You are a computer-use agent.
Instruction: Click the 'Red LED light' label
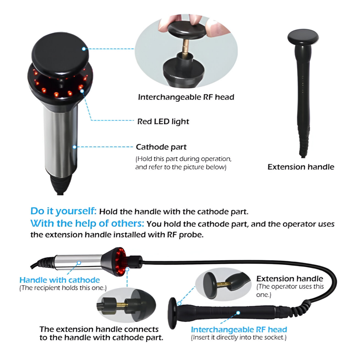tap(163, 121)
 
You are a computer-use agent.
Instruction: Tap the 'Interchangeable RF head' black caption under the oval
tap(186, 97)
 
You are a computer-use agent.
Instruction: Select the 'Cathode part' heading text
tap(161, 147)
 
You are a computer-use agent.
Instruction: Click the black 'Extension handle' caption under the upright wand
tap(301, 167)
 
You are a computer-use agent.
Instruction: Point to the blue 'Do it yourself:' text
tap(63, 211)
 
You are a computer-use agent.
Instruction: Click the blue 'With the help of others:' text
tap(87, 223)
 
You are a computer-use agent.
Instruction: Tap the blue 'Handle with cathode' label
tap(60, 280)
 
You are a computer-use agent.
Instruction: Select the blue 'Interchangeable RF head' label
tap(239, 329)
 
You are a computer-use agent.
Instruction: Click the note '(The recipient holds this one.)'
tap(63, 288)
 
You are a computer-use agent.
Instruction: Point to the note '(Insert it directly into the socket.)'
tap(239, 337)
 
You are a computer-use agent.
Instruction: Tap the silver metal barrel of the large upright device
tap(60, 140)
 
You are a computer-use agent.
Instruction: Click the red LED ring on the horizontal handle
tap(120, 262)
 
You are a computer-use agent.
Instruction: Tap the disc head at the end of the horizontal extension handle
tap(173, 313)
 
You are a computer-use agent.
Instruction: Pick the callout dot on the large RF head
tap(84, 49)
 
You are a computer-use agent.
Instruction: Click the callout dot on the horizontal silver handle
tap(79, 262)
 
